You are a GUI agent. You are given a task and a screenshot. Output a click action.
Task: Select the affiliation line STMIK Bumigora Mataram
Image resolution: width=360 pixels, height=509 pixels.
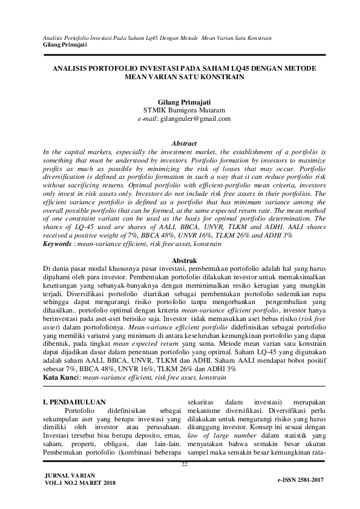point(180,111)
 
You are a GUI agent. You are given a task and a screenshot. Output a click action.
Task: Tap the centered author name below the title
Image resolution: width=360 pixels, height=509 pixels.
point(180,103)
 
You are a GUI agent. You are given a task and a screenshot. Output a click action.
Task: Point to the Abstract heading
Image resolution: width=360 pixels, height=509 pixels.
point(180,143)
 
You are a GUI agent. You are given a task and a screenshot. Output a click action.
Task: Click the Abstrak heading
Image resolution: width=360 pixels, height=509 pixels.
point(180,259)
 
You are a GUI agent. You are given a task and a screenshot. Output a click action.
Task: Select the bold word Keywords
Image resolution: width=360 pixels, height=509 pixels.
point(58,244)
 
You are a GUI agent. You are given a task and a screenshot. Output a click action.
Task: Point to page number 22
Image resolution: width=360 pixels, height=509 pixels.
point(185,464)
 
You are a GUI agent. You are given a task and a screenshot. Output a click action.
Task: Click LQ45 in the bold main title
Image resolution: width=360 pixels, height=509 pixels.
point(215,69)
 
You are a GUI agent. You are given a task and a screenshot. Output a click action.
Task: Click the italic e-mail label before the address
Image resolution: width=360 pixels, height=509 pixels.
point(148,120)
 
